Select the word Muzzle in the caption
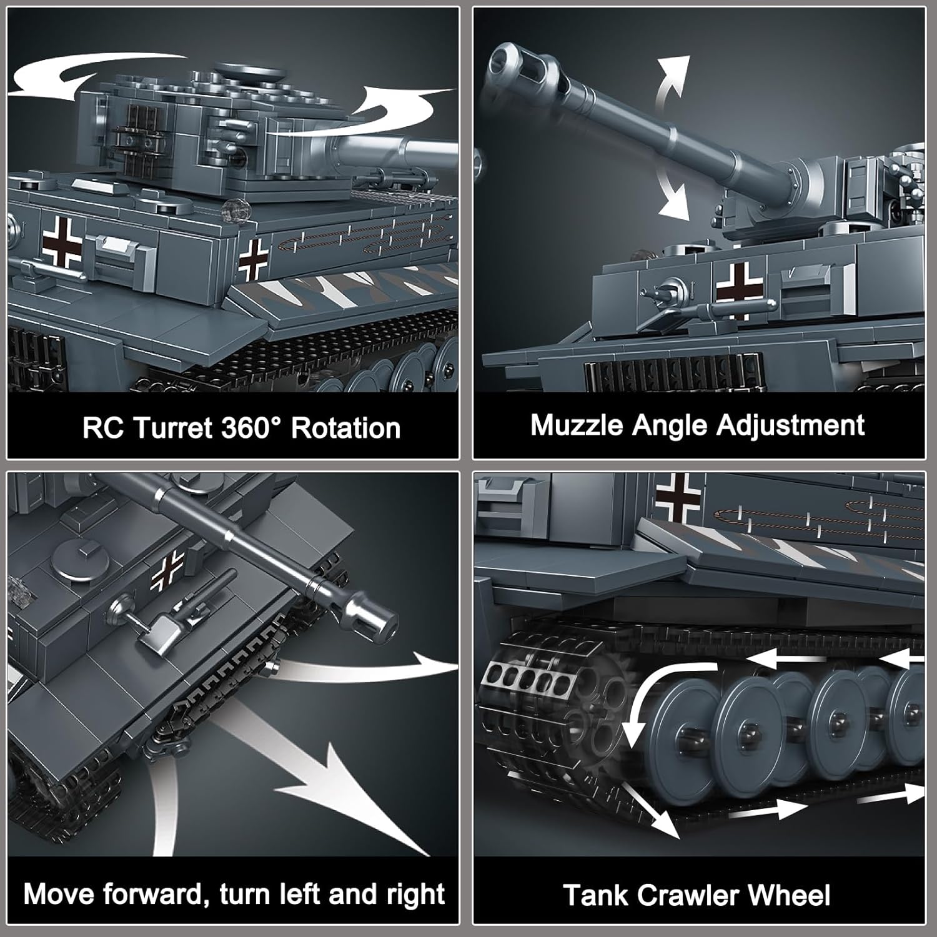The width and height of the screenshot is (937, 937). click(x=577, y=425)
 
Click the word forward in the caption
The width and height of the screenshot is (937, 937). click(x=154, y=894)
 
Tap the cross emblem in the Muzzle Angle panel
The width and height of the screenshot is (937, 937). click(x=740, y=290)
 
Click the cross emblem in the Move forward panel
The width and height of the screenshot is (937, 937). click(x=167, y=572)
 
